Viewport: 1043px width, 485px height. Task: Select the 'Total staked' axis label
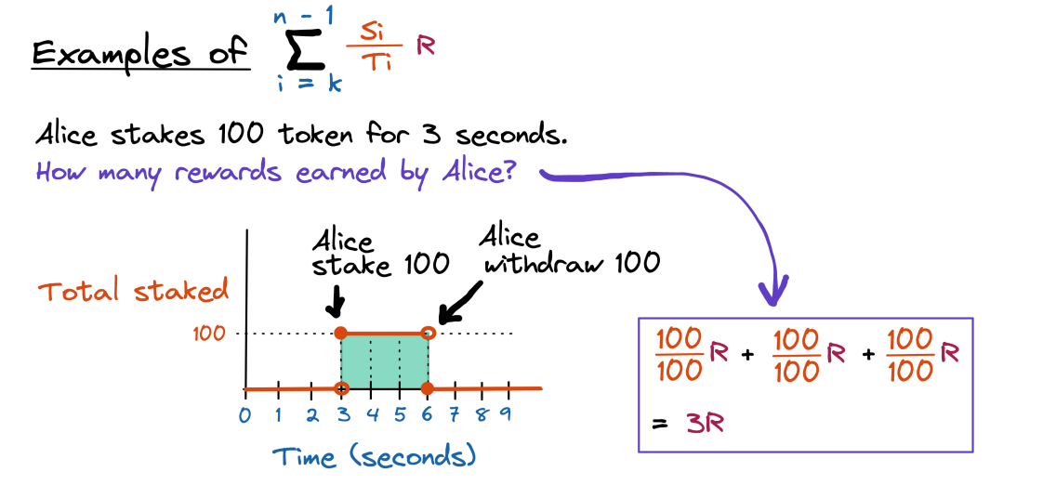(x=132, y=292)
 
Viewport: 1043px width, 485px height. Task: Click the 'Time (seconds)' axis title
(x=375, y=456)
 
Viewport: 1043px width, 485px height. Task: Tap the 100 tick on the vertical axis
(x=210, y=333)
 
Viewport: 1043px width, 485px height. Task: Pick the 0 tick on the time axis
(x=244, y=414)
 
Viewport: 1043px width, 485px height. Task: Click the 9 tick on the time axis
(x=507, y=414)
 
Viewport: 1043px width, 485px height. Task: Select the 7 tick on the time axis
(x=455, y=414)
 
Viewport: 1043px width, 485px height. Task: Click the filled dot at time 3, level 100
(x=341, y=333)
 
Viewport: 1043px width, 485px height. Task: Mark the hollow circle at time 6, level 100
(x=428, y=333)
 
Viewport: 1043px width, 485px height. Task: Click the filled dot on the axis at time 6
(x=428, y=388)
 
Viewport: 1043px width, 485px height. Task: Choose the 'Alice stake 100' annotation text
(x=380, y=253)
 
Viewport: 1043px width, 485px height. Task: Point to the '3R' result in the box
(x=705, y=424)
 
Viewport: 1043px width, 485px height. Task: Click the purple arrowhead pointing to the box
(x=771, y=291)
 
